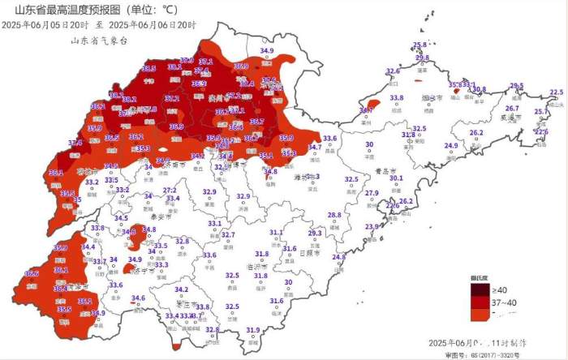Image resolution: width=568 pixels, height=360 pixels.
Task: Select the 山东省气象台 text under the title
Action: pos(99,40)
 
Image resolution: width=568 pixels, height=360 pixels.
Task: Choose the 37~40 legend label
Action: pos(505,302)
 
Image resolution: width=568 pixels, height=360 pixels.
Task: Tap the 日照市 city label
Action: pos(309,253)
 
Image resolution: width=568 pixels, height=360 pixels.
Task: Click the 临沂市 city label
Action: pos(256,266)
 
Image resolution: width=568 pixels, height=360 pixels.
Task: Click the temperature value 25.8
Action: pos(420,45)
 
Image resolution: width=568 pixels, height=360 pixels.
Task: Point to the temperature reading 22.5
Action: pos(556,92)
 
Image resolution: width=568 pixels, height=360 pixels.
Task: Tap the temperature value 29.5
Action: pos(517,86)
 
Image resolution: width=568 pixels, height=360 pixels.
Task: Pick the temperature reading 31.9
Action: pos(253,330)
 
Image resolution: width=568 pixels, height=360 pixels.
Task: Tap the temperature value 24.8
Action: pos(338,257)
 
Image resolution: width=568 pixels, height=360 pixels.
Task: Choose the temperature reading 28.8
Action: pos(333,215)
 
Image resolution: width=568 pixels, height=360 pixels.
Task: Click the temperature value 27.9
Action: pos(372,193)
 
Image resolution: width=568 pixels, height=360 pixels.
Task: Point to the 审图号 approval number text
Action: pos(485,354)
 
